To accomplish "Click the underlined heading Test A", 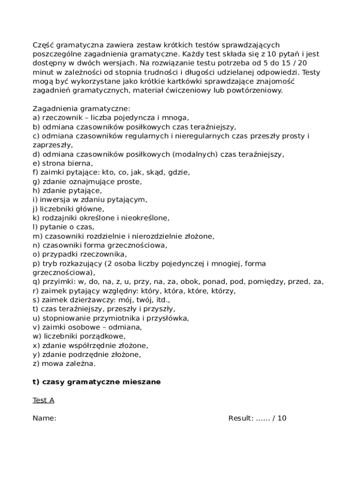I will click(43, 400).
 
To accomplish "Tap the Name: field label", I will click(44, 418).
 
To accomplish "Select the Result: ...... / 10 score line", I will click(257, 418).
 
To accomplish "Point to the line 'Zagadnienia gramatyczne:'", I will click(78, 109).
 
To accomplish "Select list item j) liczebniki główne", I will click(68, 209).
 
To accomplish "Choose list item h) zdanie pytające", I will click(67, 190).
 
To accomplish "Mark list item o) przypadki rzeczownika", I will click(79, 254).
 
